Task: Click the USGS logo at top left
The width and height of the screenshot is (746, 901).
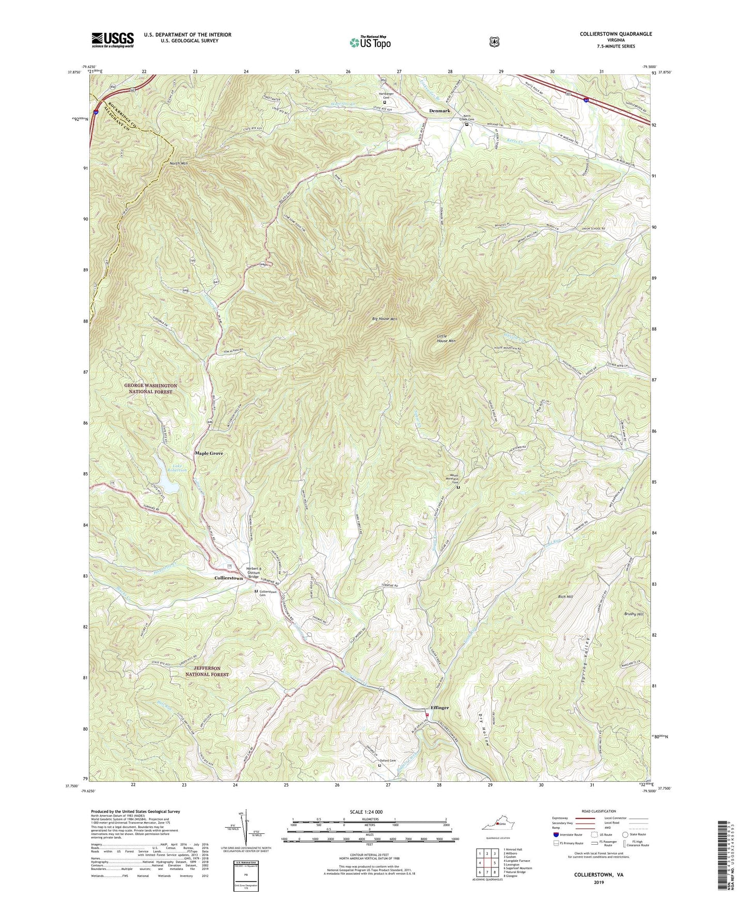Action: (113, 39)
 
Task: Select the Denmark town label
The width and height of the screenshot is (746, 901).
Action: (440, 111)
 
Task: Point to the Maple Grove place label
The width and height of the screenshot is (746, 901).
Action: (209, 453)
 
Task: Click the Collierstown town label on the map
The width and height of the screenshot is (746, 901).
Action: (228, 578)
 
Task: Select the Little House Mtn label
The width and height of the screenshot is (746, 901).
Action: (446, 338)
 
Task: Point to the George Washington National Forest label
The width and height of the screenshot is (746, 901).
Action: (150, 389)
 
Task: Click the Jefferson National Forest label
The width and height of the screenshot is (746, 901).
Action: (208, 671)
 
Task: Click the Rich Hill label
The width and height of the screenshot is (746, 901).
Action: (565, 597)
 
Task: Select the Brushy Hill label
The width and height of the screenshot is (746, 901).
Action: (633, 614)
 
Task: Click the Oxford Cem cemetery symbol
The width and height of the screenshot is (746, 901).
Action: (380, 765)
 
